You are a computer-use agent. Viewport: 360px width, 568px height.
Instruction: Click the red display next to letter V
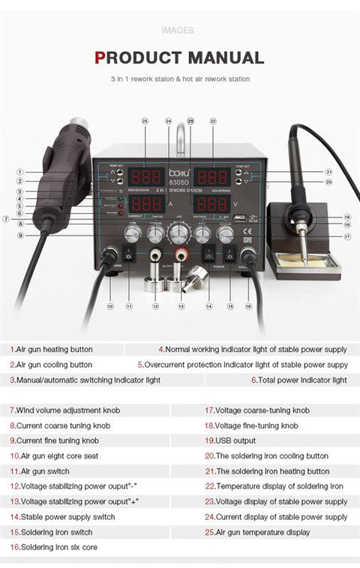pyautogui.click(x=212, y=204)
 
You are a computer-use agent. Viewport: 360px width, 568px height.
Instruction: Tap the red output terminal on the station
pyautogui.click(x=181, y=255)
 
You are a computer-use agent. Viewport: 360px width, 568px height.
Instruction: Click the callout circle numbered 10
pyautogui.click(x=109, y=306)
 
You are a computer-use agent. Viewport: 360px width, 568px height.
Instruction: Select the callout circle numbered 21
pyautogui.click(x=328, y=172)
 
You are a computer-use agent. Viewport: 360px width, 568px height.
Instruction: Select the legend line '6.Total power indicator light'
pyautogui.click(x=298, y=380)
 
